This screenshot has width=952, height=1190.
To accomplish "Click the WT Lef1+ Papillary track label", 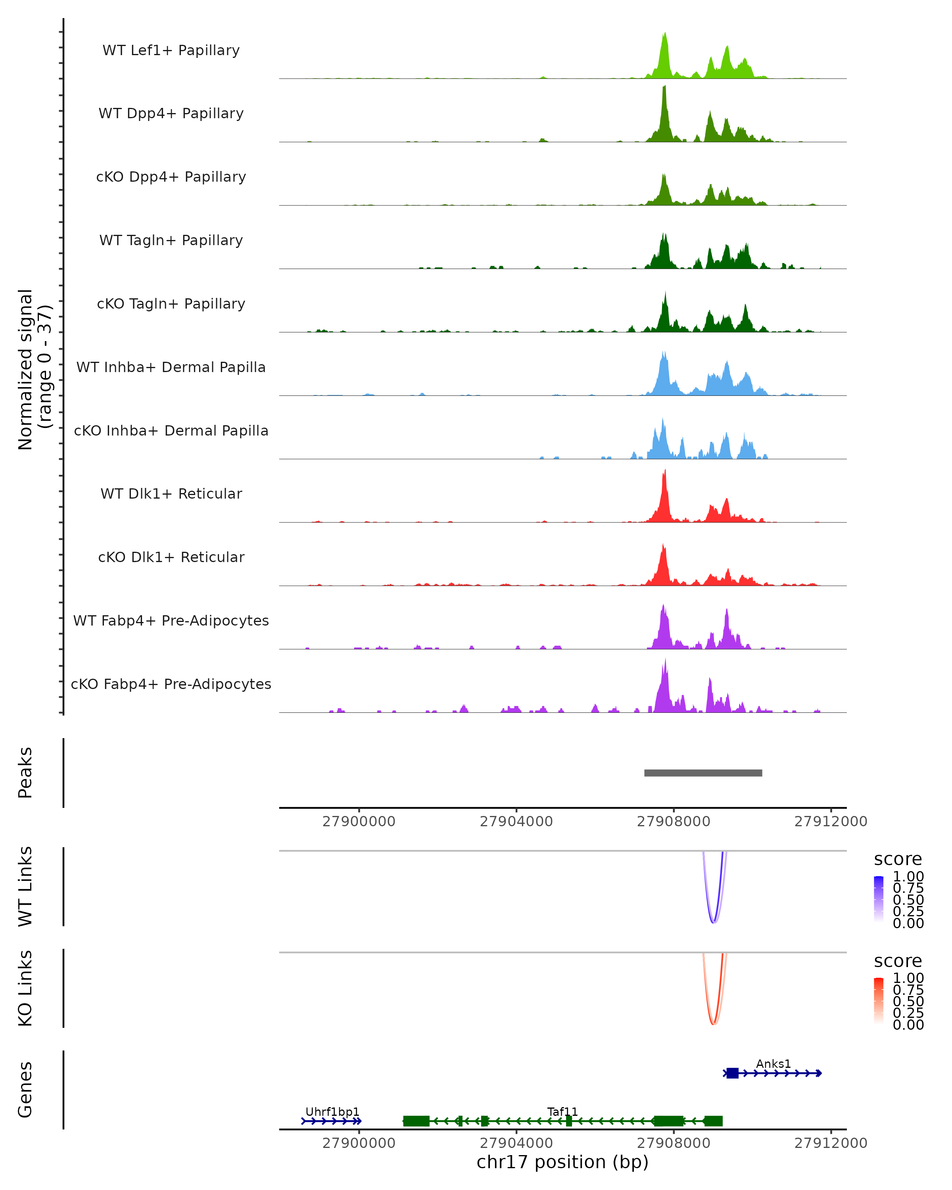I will pyautogui.click(x=171, y=50).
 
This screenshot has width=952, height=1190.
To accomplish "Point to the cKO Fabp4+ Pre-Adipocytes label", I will pyautogui.click(x=171, y=684).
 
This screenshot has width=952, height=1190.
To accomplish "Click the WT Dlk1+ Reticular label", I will pyautogui.click(x=171, y=493).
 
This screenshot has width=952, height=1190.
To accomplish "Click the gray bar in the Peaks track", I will pyautogui.click(x=703, y=773).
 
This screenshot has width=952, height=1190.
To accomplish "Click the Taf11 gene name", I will pyautogui.click(x=562, y=1111).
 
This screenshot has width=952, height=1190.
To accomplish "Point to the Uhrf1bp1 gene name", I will pyautogui.click(x=332, y=1111).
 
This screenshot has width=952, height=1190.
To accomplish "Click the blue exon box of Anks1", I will pyautogui.click(x=732, y=1073).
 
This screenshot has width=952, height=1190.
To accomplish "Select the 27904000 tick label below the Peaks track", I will pyautogui.click(x=516, y=821).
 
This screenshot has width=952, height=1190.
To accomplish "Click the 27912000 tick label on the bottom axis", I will pyautogui.click(x=831, y=1143).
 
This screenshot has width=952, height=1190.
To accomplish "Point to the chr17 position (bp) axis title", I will pyautogui.click(x=562, y=1162).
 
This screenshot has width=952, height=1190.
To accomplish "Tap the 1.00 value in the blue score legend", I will pyautogui.click(x=908, y=877).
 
